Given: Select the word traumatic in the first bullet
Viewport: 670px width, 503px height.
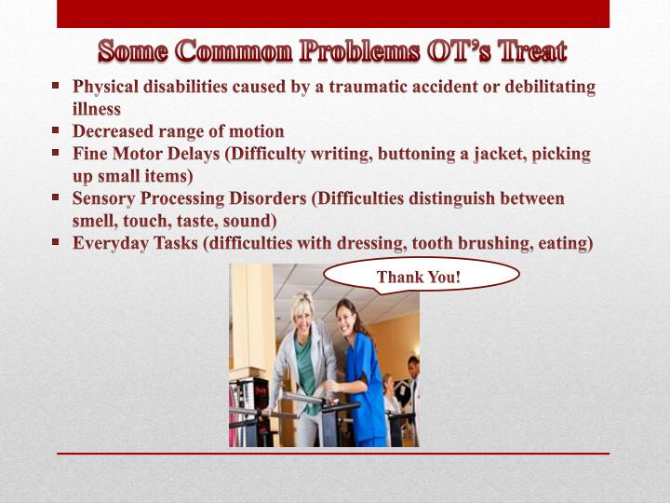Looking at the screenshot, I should [339, 87].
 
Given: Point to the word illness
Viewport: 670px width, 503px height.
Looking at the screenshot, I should [97, 109].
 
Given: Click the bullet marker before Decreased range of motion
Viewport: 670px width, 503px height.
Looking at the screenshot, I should [56, 130].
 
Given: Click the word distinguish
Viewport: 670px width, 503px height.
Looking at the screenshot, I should [446, 198].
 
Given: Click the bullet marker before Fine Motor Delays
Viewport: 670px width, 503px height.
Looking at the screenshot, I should [56, 153].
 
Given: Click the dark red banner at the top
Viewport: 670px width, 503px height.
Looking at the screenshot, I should [333, 13].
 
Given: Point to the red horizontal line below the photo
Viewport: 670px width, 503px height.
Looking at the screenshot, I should [333, 454].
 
